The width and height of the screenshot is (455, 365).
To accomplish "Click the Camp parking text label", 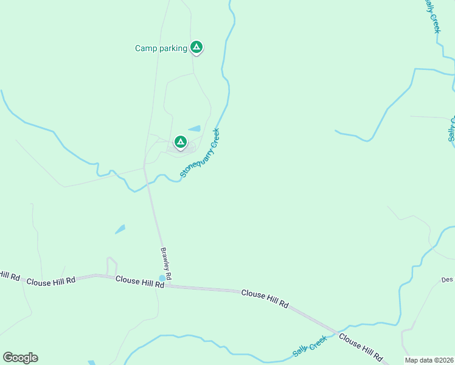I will pyautogui.click(x=161, y=48).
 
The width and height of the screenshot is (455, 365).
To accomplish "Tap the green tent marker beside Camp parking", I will pyautogui.click(x=196, y=46).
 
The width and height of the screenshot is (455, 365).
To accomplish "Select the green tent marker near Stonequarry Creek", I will pyautogui.click(x=180, y=142).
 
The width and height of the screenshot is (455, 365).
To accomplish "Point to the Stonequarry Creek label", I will pyautogui.click(x=200, y=153).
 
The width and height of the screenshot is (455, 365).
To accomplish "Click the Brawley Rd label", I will pyautogui.click(x=166, y=262).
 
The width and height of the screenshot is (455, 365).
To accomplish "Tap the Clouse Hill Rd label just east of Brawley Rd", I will pyautogui.click(x=265, y=294).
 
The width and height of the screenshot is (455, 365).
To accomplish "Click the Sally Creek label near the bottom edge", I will pyautogui.click(x=310, y=346).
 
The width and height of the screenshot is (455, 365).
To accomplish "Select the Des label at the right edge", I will pyautogui.click(x=448, y=280).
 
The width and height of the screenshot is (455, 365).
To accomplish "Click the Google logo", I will pyautogui.click(x=20, y=358).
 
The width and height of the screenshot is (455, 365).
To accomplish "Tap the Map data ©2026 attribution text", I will pyautogui.click(x=429, y=360).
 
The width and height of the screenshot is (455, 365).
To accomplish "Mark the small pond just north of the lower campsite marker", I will pyautogui.click(x=195, y=128).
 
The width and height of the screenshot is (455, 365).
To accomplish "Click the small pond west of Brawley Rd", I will pyautogui.click(x=120, y=229).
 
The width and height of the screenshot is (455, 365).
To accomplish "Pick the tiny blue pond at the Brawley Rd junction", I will pyautogui.click(x=162, y=278).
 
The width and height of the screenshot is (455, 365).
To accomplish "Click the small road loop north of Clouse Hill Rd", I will pyautogui.click(x=111, y=265).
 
